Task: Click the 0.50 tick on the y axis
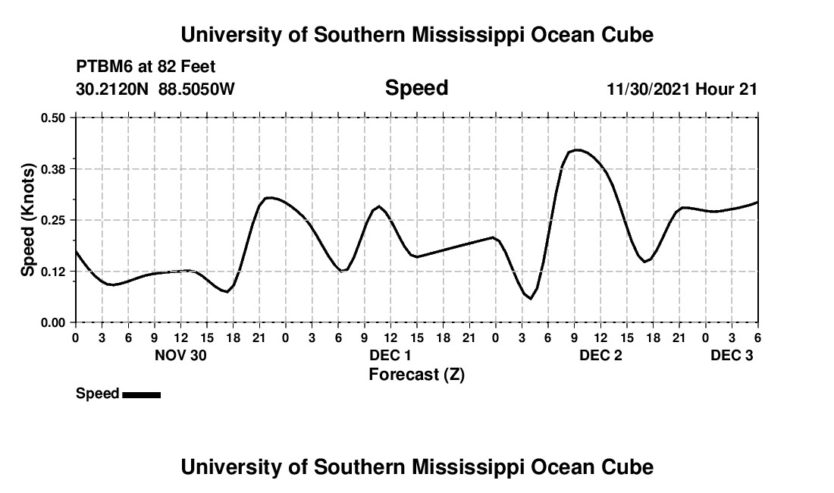(x=54, y=118)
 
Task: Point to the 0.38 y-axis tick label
(x=54, y=168)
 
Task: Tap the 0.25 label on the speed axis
(x=54, y=220)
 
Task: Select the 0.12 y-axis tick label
(x=54, y=272)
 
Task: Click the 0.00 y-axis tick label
(x=54, y=323)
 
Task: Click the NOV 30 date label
(x=180, y=355)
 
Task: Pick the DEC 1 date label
(x=390, y=355)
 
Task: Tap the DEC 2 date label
(x=600, y=355)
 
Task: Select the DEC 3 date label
(x=732, y=355)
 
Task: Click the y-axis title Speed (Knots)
(x=28, y=220)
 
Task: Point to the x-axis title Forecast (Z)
(x=416, y=374)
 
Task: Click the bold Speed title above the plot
(x=416, y=88)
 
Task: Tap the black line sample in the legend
(x=141, y=394)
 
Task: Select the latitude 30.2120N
(x=113, y=89)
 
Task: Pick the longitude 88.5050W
(x=196, y=89)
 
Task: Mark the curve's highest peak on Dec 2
(x=577, y=149)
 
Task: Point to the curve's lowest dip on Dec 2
(x=531, y=299)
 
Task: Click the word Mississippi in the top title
(x=433, y=35)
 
